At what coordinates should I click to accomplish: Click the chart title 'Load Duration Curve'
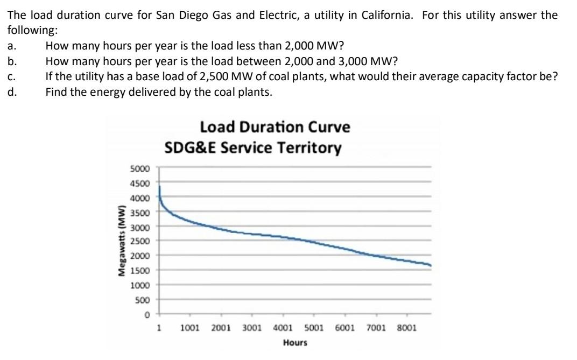(275, 128)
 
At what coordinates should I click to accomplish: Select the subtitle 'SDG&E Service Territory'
(252, 147)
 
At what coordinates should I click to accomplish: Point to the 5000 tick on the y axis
(142, 168)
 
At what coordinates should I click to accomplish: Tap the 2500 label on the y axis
(142, 241)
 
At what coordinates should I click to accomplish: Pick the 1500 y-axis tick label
(142, 270)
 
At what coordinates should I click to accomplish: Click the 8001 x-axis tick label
(406, 327)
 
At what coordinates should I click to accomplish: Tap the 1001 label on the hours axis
(190, 327)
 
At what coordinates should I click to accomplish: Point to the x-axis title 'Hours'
(294, 342)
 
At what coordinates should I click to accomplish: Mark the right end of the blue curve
(431, 265)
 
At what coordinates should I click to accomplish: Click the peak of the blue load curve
(160, 186)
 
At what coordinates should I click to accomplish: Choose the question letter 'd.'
(11, 91)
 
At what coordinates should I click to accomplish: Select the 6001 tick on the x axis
(344, 327)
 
